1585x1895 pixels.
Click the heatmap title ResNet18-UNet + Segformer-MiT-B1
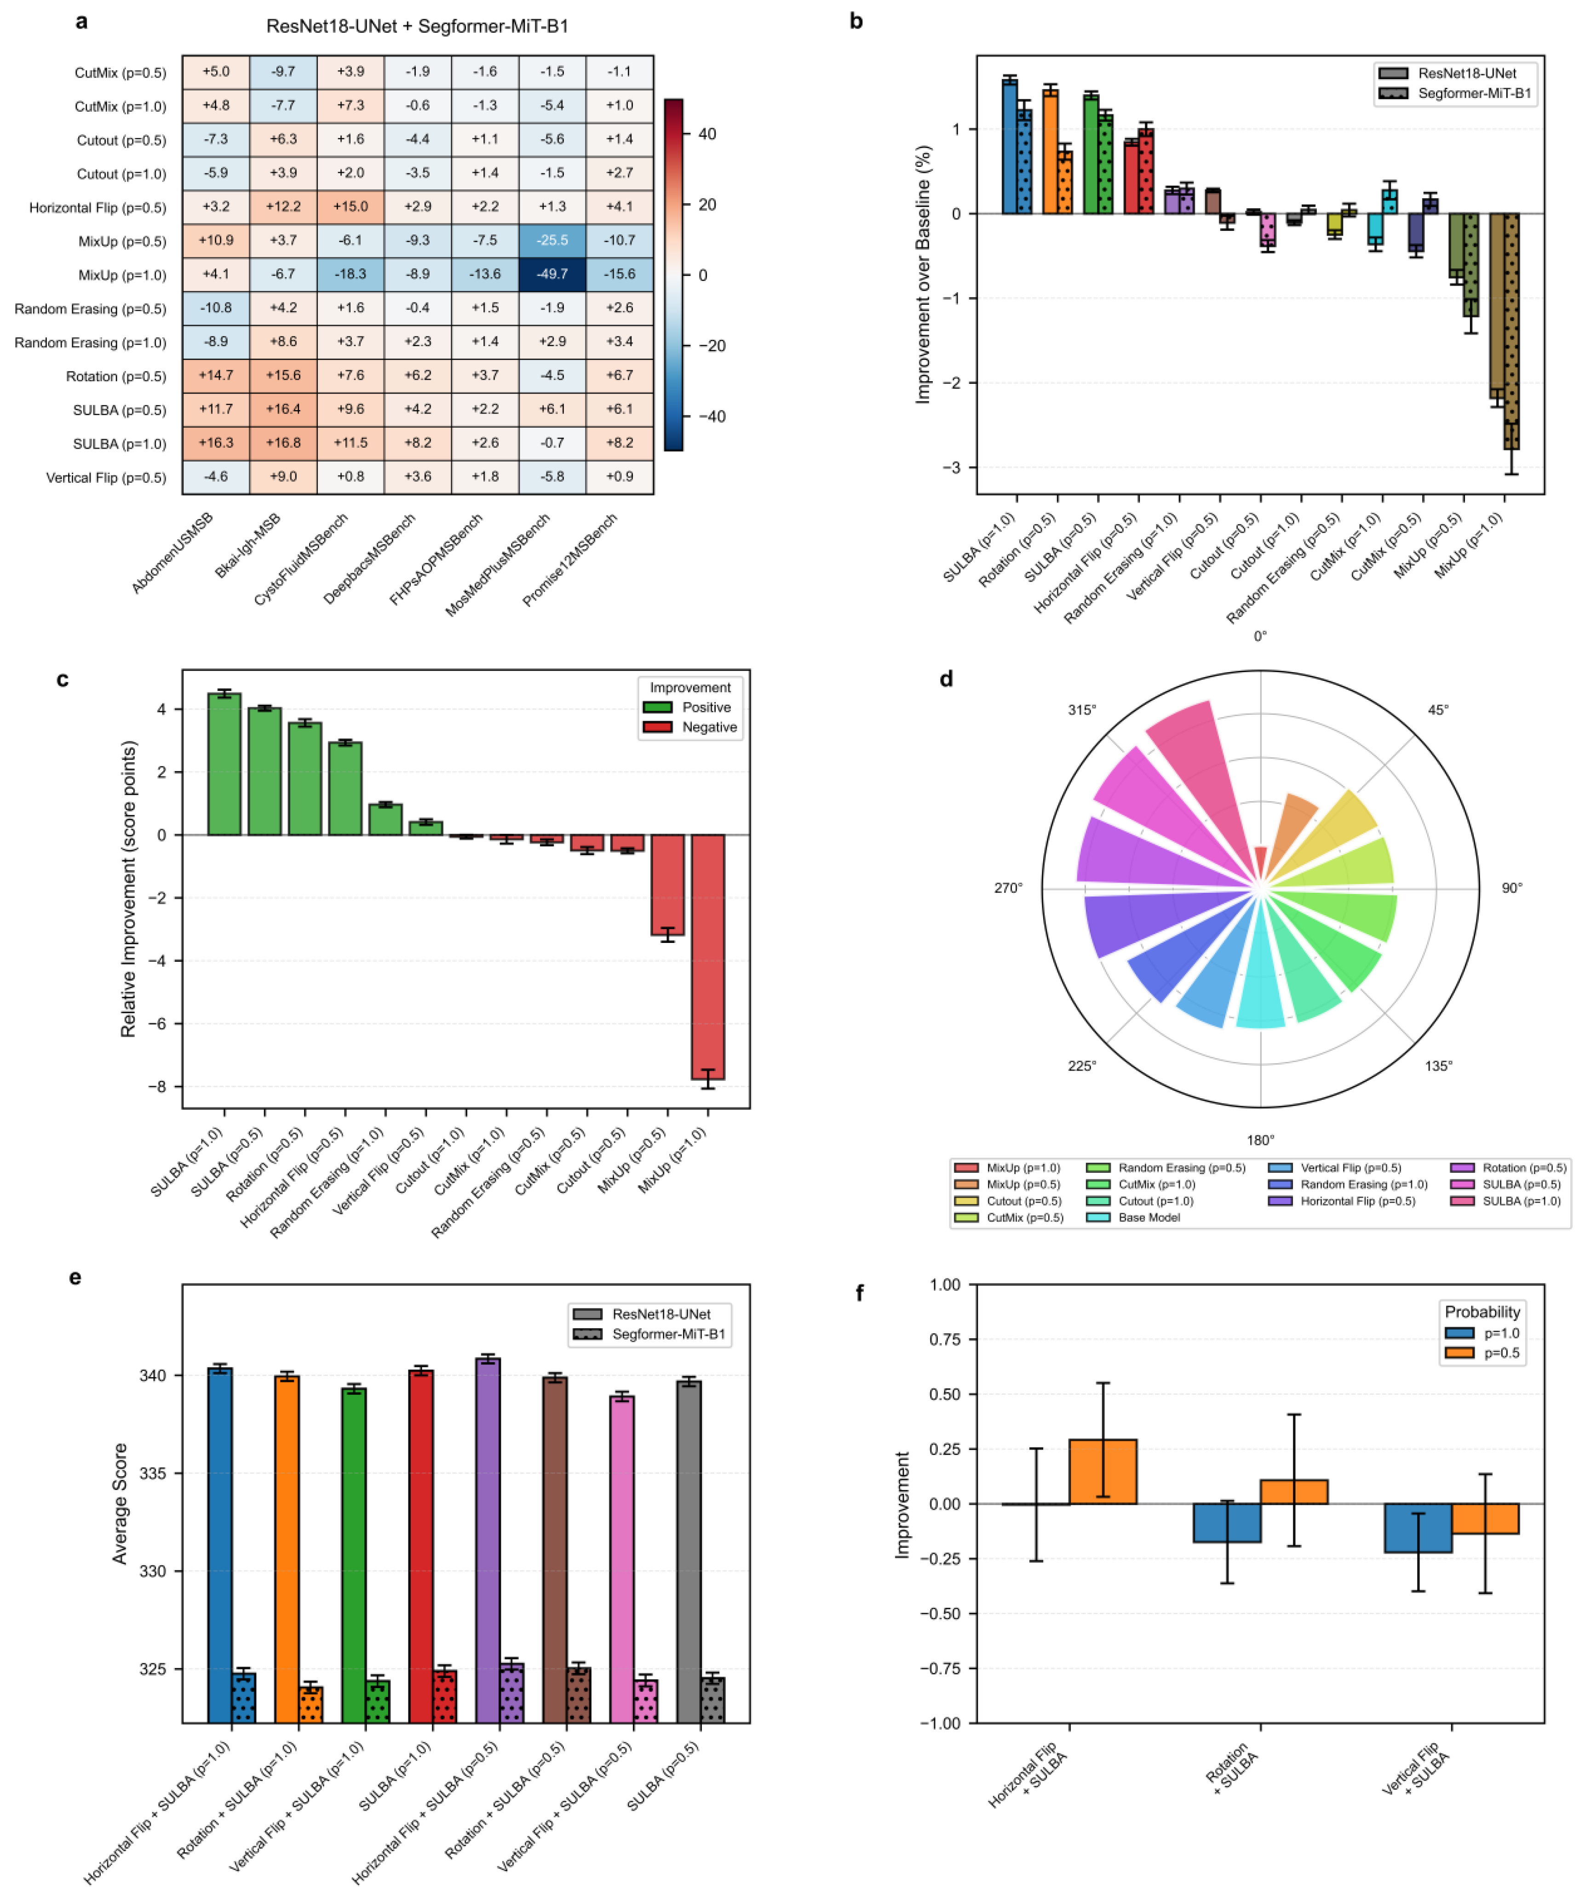point(417,26)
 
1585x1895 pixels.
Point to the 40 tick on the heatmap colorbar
point(707,134)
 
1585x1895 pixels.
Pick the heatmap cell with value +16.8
point(283,443)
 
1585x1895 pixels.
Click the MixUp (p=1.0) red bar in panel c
point(708,957)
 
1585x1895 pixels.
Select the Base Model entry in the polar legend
point(1148,1217)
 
